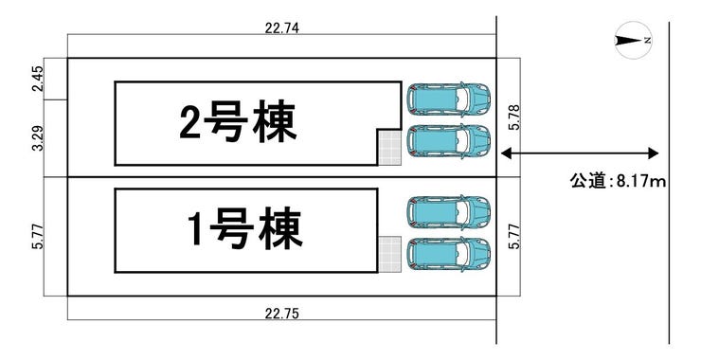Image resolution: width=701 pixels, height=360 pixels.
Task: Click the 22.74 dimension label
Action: click(x=280, y=28)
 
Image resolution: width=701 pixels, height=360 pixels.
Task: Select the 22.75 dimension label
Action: click(x=281, y=314)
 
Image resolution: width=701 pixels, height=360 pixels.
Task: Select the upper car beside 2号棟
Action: click(x=448, y=98)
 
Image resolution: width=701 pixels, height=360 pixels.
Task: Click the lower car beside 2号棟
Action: click(x=448, y=142)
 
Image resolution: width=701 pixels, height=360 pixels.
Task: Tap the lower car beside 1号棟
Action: click(x=448, y=254)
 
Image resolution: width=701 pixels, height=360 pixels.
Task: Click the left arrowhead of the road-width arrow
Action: click(x=504, y=153)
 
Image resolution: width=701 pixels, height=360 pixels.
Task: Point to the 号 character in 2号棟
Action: click(x=236, y=121)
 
